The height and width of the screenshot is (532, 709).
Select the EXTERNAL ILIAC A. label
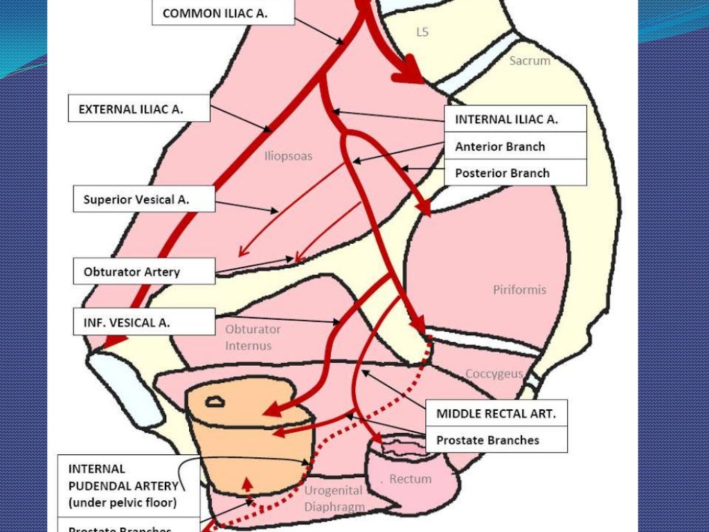[139, 109]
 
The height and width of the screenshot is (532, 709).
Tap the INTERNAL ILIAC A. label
[515, 119]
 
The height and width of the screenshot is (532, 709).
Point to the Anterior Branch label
[515, 146]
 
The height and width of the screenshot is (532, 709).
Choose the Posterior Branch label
[515, 173]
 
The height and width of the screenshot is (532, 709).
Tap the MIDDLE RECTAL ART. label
[496, 414]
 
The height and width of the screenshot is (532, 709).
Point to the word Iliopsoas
[288, 157]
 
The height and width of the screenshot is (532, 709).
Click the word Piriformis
[519, 290]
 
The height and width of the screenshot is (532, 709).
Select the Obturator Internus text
[252, 337]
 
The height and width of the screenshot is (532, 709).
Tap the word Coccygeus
[494, 373]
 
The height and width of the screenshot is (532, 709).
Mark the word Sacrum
[530, 61]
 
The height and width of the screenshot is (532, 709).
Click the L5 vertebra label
[422, 32]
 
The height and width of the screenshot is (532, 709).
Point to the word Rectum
[410, 479]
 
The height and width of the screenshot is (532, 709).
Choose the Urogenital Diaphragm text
[333, 499]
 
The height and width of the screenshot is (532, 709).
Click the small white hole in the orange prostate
[217, 400]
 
